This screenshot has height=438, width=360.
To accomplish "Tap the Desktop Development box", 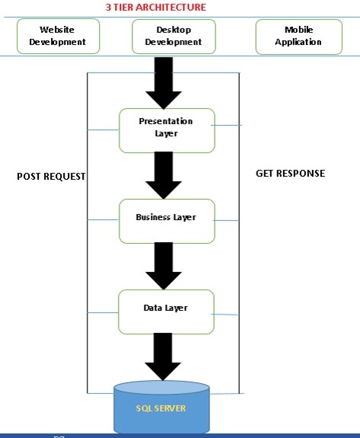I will (174, 36).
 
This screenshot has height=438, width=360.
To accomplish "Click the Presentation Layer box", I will (166, 129).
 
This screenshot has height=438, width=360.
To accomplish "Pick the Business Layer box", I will (166, 220).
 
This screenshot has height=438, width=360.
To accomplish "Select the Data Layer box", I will (166, 311).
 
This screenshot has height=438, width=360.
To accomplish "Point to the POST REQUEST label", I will (51, 176).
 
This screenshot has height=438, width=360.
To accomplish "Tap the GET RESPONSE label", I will (290, 173).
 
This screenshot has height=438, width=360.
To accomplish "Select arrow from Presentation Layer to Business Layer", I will (164, 174).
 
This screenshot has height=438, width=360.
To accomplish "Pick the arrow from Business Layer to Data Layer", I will (164, 265).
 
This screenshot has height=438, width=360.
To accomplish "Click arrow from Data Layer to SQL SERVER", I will (164, 356).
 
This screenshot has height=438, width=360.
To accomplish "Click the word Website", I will (57, 30).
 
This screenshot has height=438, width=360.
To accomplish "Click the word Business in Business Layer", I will (153, 217).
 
